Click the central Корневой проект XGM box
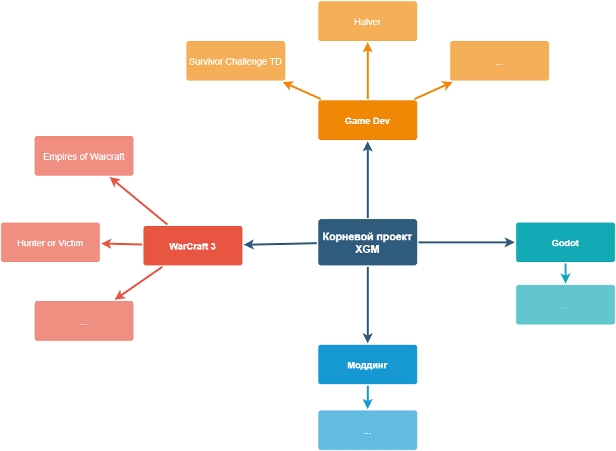pos(367,242)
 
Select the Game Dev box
pos(367,120)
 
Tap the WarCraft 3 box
pos(193,246)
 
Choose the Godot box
pos(565,242)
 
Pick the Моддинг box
pos(367,364)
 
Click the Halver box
pos(367,21)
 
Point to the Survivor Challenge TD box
pos(235,61)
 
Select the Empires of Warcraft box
pos(84,156)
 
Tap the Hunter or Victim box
pos(50,242)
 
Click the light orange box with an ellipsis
pos(499,61)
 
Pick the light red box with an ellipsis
pos(84,321)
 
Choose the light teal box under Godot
pos(565,305)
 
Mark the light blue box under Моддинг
pos(367,431)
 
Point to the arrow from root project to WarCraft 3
pos(280,244)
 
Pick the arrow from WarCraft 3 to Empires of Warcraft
pos(139,201)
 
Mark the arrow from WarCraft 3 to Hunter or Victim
pos(122,244)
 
